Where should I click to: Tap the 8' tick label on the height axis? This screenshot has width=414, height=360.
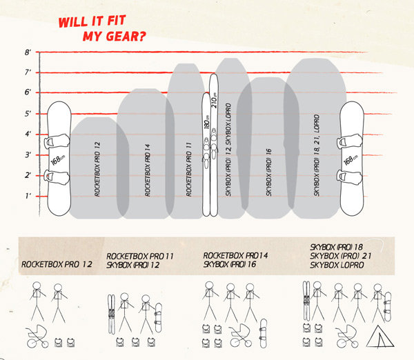tap(28, 52)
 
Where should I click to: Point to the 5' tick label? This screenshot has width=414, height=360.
tap(28, 114)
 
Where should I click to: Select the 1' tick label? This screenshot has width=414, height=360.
tap(28, 196)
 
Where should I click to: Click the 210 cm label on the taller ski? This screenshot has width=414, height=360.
tap(214, 100)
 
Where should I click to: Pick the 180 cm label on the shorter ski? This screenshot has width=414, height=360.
tap(207, 122)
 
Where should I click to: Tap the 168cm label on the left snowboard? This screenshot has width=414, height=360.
tap(58, 160)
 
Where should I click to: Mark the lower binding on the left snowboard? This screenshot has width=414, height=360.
tap(57, 177)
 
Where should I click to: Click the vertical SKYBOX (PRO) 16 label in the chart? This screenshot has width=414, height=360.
tap(269, 172)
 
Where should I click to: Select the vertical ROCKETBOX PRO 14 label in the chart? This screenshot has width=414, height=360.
tap(148, 170)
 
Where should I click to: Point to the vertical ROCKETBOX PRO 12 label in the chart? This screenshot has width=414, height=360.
tap(97, 169)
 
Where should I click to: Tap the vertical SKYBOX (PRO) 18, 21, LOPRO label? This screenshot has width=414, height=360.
tap(317, 155)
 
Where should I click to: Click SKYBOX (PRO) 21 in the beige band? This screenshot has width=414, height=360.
tap(341, 256)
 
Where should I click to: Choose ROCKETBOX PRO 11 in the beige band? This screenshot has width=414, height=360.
tap(140, 256)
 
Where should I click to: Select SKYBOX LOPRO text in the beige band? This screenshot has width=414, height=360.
tap(337, 265)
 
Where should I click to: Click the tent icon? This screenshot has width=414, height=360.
tap(380, 336)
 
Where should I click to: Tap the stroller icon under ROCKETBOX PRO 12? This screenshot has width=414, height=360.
tap(37, 337)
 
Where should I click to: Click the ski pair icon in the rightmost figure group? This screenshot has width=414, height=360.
tap(306, 301)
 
